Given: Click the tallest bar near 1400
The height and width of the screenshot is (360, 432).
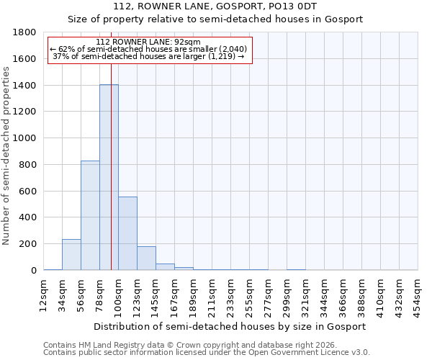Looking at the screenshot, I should click(109, 177).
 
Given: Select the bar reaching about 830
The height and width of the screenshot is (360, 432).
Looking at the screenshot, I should click(90, 215).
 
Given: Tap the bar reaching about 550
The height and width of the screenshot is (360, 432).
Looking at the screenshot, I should click(127, 233).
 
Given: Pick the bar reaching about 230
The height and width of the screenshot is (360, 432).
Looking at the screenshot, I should click(71, 255).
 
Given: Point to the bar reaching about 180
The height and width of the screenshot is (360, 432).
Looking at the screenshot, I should click(146, 258).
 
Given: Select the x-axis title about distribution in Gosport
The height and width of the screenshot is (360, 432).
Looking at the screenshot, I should click(230, 326).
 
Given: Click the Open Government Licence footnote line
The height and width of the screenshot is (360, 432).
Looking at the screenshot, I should click(207, 353).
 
